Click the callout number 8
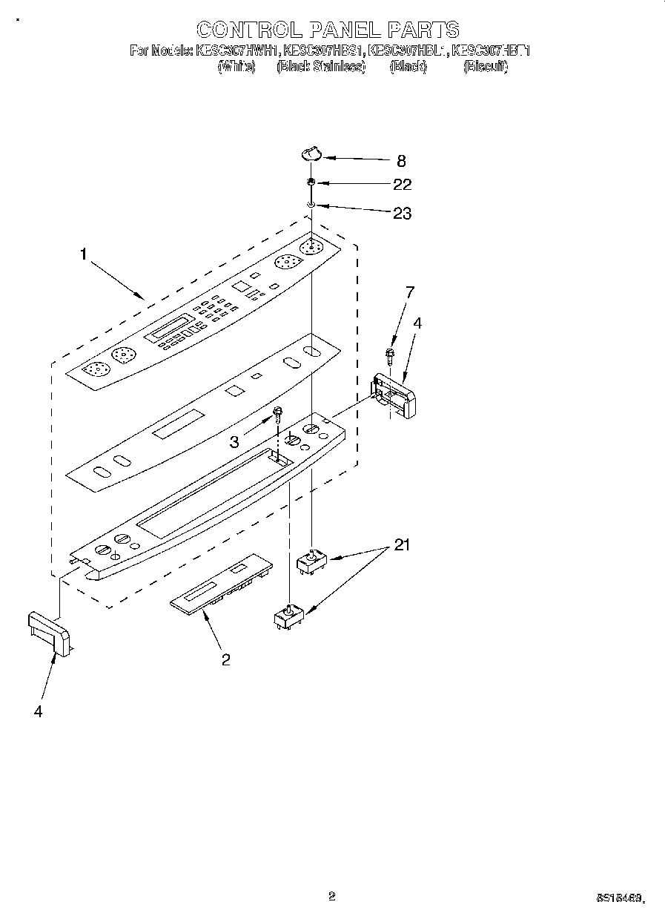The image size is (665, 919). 401,160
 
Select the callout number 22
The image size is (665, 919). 401,185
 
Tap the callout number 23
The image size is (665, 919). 401,214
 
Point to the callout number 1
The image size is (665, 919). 84,254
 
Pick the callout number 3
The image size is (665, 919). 234,443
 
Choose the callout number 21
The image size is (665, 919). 401,546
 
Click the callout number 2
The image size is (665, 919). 225,659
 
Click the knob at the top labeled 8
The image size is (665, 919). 311,154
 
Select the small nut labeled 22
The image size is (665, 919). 312,182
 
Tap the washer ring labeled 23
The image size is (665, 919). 312,205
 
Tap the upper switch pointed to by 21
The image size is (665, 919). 312,561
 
